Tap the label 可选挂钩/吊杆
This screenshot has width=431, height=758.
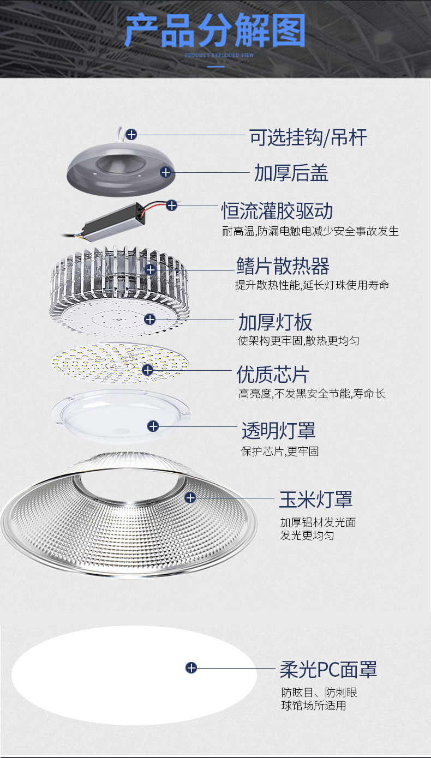pyautogui.click(x=308, y=137)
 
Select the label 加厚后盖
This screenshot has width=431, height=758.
pyautogui.click(x=291, y=173)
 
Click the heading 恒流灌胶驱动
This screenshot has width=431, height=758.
pyautogui.click(x=277, y=210)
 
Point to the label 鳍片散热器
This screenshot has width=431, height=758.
pyautogui.click(x=283, y=267)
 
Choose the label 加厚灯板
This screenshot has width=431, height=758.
pyautogui.click(x=275, y=322)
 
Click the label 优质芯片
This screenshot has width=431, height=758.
pyautogui.click(x=273, y=375)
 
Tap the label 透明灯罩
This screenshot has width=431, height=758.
pyautogui.click(x=278, y=431)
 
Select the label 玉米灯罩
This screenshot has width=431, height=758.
pyautogui.click(x=316, y=499)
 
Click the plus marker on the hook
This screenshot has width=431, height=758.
pyautogui.click(x=131, y=134)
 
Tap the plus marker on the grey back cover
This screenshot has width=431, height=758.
pyautogui.click(x=166, y=172)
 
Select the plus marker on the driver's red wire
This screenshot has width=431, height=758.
pyautogui.click(x=172, y=206)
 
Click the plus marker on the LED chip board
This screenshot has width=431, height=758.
pyautogui.click(x=148, y=370)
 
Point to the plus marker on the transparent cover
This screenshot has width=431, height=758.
pyautogui.click(x=153, y=426)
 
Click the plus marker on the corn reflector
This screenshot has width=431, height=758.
pyautogui.click(x=190, y=497)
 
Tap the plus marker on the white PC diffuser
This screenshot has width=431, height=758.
pyautogui.click(x=191, y=667)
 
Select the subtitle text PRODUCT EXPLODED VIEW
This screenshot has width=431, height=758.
pyautogui.click(x=215, y=56)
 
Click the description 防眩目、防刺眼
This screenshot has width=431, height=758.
pyautogui.click(x=319, y=693)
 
